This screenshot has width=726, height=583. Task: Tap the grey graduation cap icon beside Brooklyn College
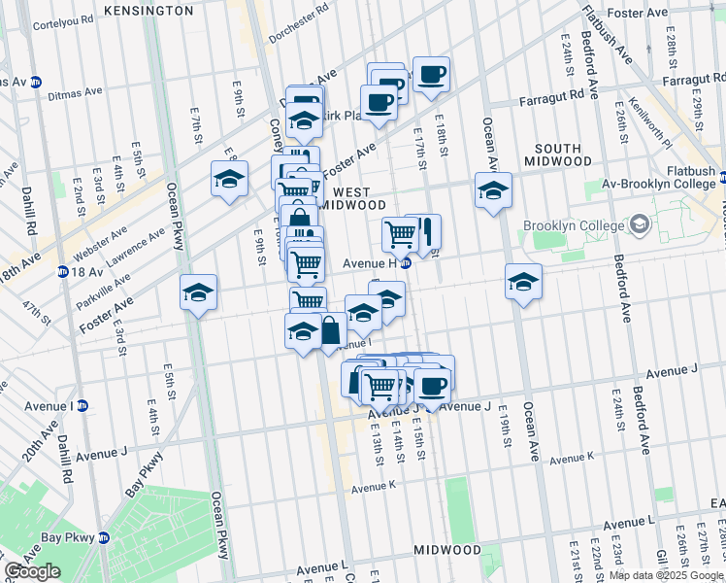coord(640,225)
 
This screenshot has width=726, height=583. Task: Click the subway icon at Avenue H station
coord(407,262)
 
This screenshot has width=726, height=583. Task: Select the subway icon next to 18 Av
coord(62,272)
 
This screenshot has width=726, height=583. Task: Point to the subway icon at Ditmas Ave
coord(36,82)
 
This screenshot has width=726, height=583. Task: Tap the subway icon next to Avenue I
coord(82,406)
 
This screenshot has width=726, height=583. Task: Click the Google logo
coord(32,571)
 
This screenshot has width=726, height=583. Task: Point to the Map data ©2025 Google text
coord(665,575)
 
